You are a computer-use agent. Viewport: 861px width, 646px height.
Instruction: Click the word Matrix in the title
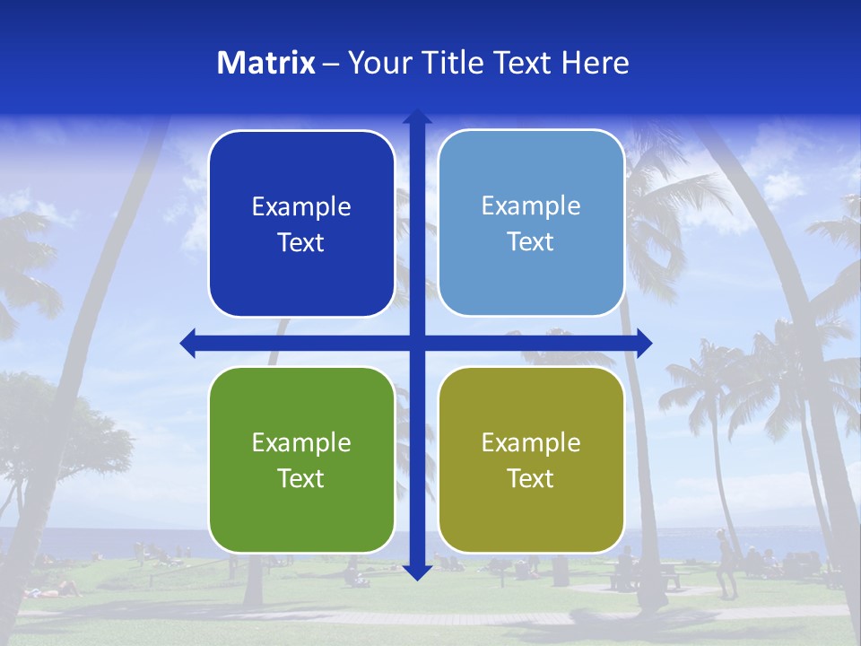pos(266,63)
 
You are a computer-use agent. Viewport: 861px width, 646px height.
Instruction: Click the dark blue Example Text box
pos(301,223)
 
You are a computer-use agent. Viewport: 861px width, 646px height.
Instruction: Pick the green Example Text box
pos(301,459)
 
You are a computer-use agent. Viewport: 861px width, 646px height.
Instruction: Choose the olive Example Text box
pos(531,459)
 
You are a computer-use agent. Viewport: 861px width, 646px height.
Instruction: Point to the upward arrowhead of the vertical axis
pos(417,118)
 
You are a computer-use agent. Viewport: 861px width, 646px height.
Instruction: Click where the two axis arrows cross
pos(417,343)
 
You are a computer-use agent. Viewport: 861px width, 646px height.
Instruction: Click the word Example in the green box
pos(301,442)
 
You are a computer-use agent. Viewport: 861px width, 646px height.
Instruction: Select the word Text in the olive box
pos(531,478)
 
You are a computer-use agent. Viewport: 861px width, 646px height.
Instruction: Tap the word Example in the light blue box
pos(531,205)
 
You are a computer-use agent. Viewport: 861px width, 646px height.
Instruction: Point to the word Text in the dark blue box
pos(301,242)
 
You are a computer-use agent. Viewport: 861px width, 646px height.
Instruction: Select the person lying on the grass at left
pos(54,589)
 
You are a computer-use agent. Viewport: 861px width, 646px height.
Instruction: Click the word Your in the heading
pos(376,63)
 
